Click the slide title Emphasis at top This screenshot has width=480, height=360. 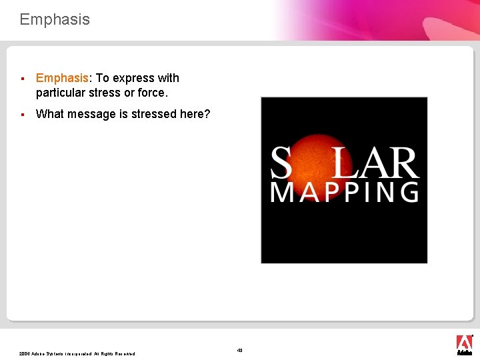(55, 19)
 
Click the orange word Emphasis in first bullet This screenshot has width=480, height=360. (62, 78)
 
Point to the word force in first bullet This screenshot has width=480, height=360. (151, 92)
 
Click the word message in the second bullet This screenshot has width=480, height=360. (89, 114)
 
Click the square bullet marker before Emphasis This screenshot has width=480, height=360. (23, 79)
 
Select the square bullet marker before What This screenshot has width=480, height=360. (23, 115)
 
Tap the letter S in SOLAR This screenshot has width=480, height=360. (281, 164)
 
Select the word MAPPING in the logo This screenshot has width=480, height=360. (344, 191)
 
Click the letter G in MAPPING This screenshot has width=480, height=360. (409, 191)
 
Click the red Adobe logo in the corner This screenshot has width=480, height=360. (464, 343)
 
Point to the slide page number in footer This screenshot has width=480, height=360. (240, 350)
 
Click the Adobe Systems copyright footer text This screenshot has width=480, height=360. (77, 353)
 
